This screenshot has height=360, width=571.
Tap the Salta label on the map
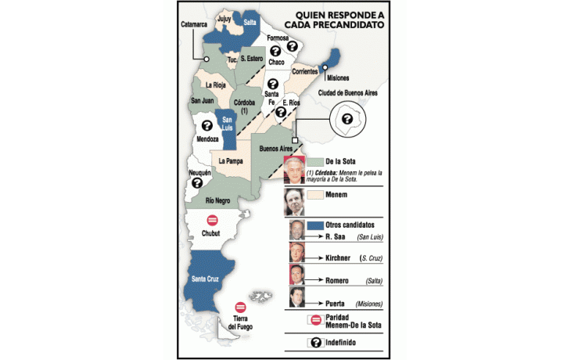[250, 23]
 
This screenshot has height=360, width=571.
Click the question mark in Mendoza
[206, 125]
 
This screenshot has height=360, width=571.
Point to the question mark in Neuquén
[196, 182]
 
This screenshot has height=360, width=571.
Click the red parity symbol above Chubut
[211, 221]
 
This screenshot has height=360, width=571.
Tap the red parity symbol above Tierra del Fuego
[240, 308]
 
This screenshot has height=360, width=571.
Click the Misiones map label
[337, 78]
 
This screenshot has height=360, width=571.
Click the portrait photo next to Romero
[296, 275]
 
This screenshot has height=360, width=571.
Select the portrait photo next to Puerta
[296, 297]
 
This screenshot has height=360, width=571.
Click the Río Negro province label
[217, 200]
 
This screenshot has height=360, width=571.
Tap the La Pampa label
[231, 160]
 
